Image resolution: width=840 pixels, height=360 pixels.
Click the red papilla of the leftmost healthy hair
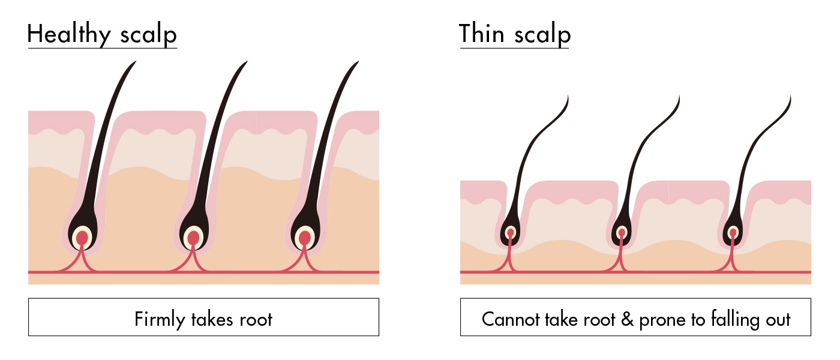(x=82, y=238)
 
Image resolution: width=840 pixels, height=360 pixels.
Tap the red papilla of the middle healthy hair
(x=193, y=238)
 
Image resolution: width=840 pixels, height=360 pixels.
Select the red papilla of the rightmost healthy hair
(x=305, y=238)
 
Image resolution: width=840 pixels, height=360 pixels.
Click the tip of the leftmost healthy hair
(x=134, y=63)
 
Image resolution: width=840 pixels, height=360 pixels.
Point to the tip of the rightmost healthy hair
(x=358, y=63)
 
